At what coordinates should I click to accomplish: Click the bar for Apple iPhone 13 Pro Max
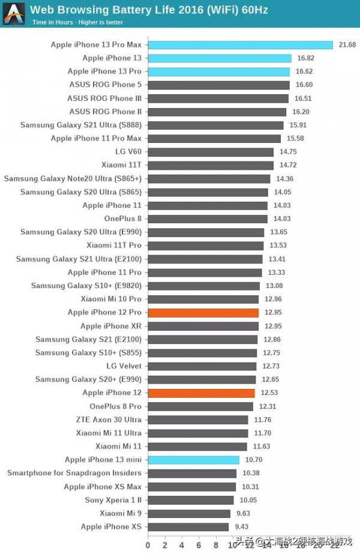(240, 45)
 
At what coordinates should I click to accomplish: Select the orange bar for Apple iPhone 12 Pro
(203, 313)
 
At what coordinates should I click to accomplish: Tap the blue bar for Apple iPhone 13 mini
(193, 460)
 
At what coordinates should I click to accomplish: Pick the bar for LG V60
(210, 152)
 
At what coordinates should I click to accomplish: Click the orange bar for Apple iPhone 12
(201, 393)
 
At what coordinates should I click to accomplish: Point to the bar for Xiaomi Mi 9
(189, 514)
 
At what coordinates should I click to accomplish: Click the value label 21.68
(347, 45)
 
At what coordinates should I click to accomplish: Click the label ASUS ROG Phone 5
(106, 85)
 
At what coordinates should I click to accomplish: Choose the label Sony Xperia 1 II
(113, 500)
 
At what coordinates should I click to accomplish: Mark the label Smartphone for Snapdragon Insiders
(74, 474)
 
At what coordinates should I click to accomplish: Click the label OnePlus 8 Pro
(116, 406)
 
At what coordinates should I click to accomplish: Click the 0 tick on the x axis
(148, 545)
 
